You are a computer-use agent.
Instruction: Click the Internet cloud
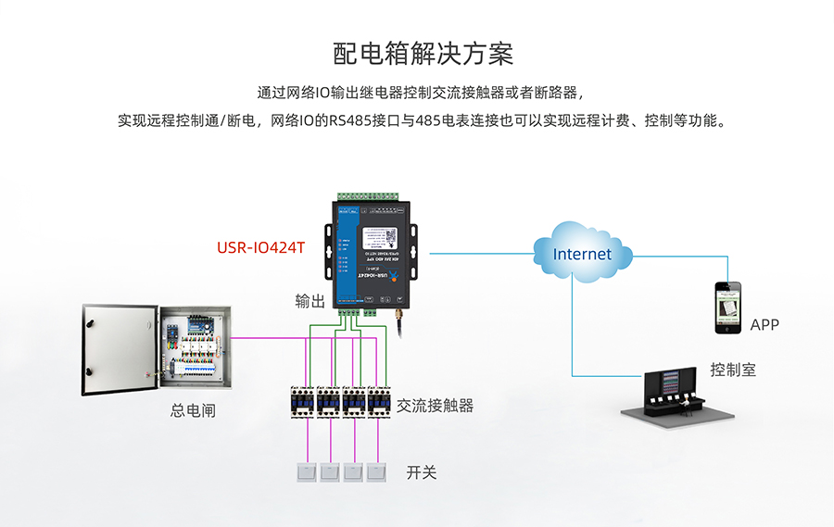(x=583, y=252)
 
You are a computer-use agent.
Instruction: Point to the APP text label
(x=764, y=325)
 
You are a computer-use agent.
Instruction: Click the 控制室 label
(x=733, y=370)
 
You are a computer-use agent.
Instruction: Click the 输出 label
(x=310, y=301)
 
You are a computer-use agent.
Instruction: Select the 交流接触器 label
(x=435, y=406)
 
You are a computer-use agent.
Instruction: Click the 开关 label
(x=422, y=472)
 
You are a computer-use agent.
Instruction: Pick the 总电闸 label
(x=193, y=410)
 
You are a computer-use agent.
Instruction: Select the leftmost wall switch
(x=306, y=472)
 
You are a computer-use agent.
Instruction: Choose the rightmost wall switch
(x=376, y=472)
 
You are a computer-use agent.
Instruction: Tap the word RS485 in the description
(x=351, y=120)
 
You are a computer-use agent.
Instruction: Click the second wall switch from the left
(x=330, y=472)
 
